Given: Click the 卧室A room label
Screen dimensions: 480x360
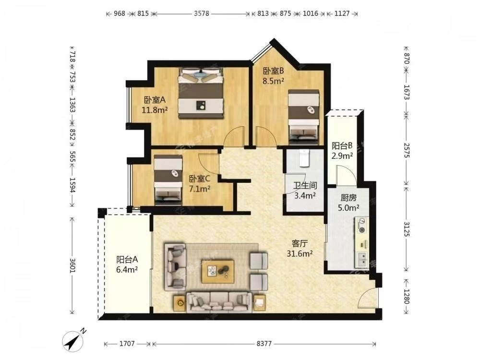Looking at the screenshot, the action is click(155, 100).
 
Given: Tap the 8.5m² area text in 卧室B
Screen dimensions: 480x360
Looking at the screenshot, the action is click(274, 81).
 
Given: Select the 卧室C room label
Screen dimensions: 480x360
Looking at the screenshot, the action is click(199, 179).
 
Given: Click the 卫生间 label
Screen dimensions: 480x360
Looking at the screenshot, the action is click(305, 185).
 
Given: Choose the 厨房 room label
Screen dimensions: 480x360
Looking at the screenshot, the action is click(348, 198).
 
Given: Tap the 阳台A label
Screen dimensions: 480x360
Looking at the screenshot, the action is click(127, 260).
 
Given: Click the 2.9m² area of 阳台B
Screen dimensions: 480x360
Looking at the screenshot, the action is click(342, 156).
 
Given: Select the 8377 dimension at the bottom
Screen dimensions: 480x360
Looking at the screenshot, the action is click(264, 344).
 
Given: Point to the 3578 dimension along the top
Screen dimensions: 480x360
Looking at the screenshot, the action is click(202, 13).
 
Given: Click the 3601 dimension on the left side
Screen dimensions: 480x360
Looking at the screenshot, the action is click(72, 265).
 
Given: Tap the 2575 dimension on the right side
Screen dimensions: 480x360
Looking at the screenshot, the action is click(407, 150).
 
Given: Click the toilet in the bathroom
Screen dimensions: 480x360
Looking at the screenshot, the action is click(304, 157).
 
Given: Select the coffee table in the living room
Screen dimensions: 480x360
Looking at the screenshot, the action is click(218, 272).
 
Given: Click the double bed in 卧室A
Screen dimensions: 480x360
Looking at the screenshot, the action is click(201, 93).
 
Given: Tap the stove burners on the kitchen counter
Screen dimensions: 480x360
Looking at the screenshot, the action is click(362, 225).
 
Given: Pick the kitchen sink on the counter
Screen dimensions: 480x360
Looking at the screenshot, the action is click(362, 259).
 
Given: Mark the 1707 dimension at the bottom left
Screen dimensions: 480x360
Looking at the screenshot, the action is click(127, 344).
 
